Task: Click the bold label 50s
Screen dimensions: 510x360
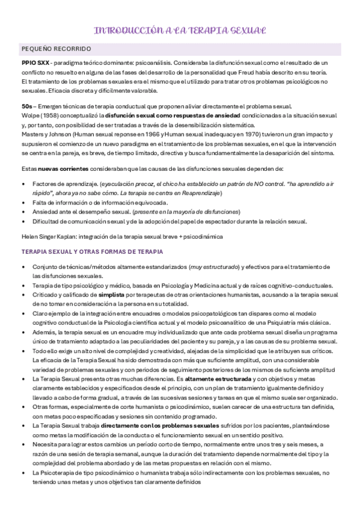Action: (x=26, y=106)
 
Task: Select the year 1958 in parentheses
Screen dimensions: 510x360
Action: (x=50, y=115)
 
